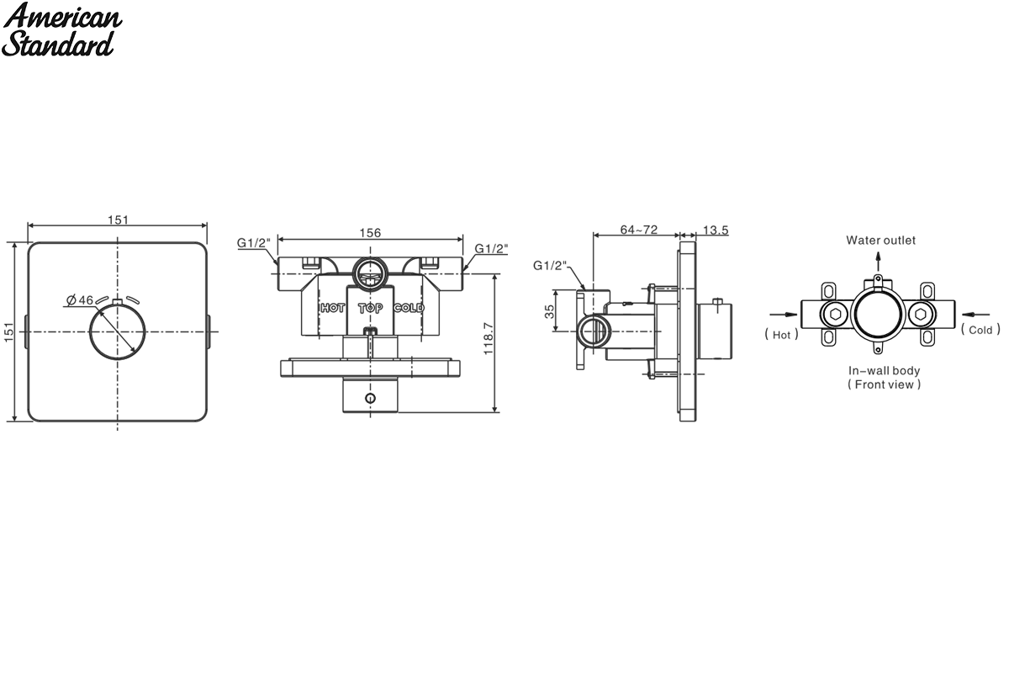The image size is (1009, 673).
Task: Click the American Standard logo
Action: [x=61, y=29]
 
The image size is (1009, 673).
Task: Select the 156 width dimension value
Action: [x=370, y=233]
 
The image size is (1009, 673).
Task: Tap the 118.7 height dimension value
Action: [x=489, y=338]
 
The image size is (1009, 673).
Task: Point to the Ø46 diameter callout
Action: [x=80, y=299]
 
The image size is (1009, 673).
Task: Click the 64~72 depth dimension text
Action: [x=639, y=230]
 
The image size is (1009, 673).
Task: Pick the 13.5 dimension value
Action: [x=716, y=230]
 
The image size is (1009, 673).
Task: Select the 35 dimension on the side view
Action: [x=550, y=311]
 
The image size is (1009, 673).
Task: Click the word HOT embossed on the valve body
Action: [x=332, y=308]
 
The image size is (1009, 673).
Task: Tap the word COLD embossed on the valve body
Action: [x=409, y=308]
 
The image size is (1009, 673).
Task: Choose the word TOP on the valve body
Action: [x=370, y=309]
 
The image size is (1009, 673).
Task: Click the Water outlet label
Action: [x=880, y=241]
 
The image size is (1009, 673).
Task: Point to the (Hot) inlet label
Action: [x=781, y=335]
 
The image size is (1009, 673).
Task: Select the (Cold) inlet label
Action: [x=980, y=330]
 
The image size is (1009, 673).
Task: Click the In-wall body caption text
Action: [x=884, y=370]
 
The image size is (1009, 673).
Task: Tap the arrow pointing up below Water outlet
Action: [x=879, y=262]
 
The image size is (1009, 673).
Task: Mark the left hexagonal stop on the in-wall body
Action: [x=835, y=314]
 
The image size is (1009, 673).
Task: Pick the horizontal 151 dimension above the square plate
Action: [x=118, y=220]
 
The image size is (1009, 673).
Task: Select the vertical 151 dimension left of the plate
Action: [x=9, y=332]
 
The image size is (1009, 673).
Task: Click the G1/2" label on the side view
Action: [x=550, y=266]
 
